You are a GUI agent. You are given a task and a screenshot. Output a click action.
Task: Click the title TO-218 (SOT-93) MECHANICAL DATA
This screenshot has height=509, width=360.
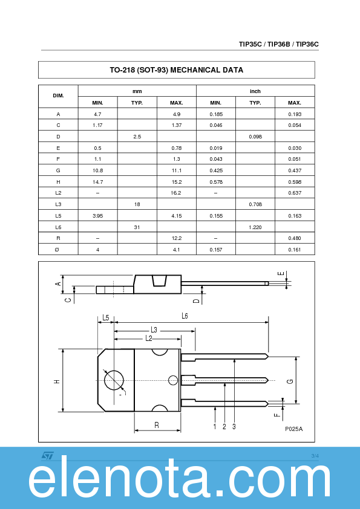pos(176,70)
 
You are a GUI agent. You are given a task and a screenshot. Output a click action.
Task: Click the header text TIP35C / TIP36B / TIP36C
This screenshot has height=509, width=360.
pos(278,44)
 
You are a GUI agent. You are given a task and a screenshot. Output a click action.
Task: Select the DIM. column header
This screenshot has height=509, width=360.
pos(58,97)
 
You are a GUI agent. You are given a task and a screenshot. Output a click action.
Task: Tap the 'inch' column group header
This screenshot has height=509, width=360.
pos(255,91)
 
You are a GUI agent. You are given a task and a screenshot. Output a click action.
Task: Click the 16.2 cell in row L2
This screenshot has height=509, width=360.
pos(176,193)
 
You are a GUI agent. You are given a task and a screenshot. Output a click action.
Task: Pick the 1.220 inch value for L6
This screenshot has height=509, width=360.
pos(255,227)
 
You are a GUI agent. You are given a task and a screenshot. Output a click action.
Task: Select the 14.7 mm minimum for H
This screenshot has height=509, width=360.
pos(97,182)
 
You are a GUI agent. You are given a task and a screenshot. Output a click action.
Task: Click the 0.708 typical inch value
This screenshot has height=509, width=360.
pos(255,204)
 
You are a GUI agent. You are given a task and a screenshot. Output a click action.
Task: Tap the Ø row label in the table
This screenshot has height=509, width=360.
pos(58,249)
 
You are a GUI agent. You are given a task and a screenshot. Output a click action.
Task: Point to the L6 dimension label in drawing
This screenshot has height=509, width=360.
pos(185,316)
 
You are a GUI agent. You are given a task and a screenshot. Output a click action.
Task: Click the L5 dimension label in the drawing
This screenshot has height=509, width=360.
pos(106,317)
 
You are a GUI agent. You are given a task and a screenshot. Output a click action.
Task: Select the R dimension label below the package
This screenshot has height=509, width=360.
pos(157,426)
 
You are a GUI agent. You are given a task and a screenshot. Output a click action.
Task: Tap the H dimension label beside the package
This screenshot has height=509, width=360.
pos(56,381)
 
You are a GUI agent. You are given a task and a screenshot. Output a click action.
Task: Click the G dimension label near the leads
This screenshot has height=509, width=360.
pos(290,381)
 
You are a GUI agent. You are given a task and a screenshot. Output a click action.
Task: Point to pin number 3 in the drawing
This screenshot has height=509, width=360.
pos(234,427)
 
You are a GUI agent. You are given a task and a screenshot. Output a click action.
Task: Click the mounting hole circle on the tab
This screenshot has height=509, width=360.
pos(113,380)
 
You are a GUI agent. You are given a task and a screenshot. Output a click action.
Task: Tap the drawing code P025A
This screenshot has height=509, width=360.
pos(293,429)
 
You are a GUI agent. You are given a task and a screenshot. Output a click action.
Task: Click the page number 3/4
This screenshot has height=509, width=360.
pos(315,455)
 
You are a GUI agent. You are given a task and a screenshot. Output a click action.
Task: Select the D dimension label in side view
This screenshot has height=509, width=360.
pos(196,300)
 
